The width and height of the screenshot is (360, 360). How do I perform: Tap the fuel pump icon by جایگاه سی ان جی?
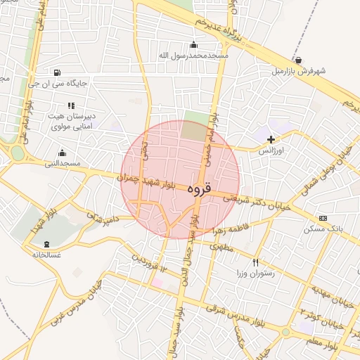pyautogui.click(x=58, y=72)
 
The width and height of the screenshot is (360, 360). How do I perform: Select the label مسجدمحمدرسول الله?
pyautogui.click(x=193, y=55)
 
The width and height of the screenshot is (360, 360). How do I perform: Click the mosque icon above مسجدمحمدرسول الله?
pyautogui.click(x=193, y=44)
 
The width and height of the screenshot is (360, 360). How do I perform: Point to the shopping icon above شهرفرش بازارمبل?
pyautogui.click(x=299, y=60)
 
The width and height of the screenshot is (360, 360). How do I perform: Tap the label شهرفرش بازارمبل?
pyautogui.click(x=300, y=71)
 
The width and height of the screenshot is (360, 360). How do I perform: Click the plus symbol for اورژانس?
pyautogui.click(x=271, y=139)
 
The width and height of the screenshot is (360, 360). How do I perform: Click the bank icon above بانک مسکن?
pyautogui.click(x=323, y=218)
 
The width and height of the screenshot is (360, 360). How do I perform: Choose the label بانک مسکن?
pyautogui.click(x=323, y=229)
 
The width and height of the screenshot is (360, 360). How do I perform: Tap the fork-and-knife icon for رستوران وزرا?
pyautogui.click(x=256, y=262)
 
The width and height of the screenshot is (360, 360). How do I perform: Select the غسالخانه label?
pyautogui.click(x=46, y=255)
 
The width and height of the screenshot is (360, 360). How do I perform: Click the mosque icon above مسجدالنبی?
pyautogui.click(x=63, y=153)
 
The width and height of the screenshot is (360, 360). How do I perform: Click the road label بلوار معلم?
pyautogui.click(x=338, y=338)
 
